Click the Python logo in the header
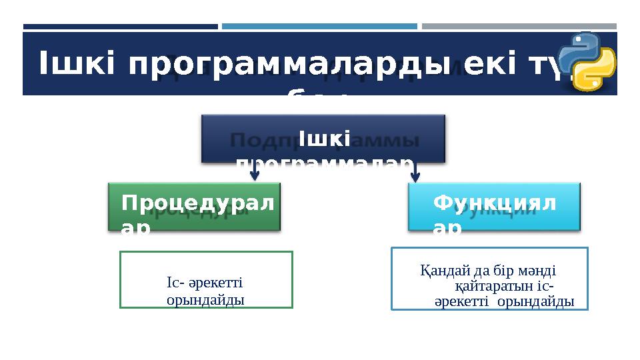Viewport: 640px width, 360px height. (x=587, y=61)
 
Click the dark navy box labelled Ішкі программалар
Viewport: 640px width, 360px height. (x=323, y=139)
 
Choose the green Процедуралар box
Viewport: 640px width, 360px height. (x=195, y=207)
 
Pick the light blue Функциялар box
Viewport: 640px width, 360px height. (x=494, y=207)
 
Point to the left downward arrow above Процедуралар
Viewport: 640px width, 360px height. (x=254, y=173)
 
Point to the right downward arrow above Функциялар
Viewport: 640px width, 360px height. (x=415, y=173)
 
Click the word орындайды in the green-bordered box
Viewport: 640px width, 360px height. (x=205, y=300)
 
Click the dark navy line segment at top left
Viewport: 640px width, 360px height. (x=121, y=27)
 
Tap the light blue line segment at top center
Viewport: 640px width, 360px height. (x=319, y=27)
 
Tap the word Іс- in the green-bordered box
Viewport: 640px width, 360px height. (x=175, y=283)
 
